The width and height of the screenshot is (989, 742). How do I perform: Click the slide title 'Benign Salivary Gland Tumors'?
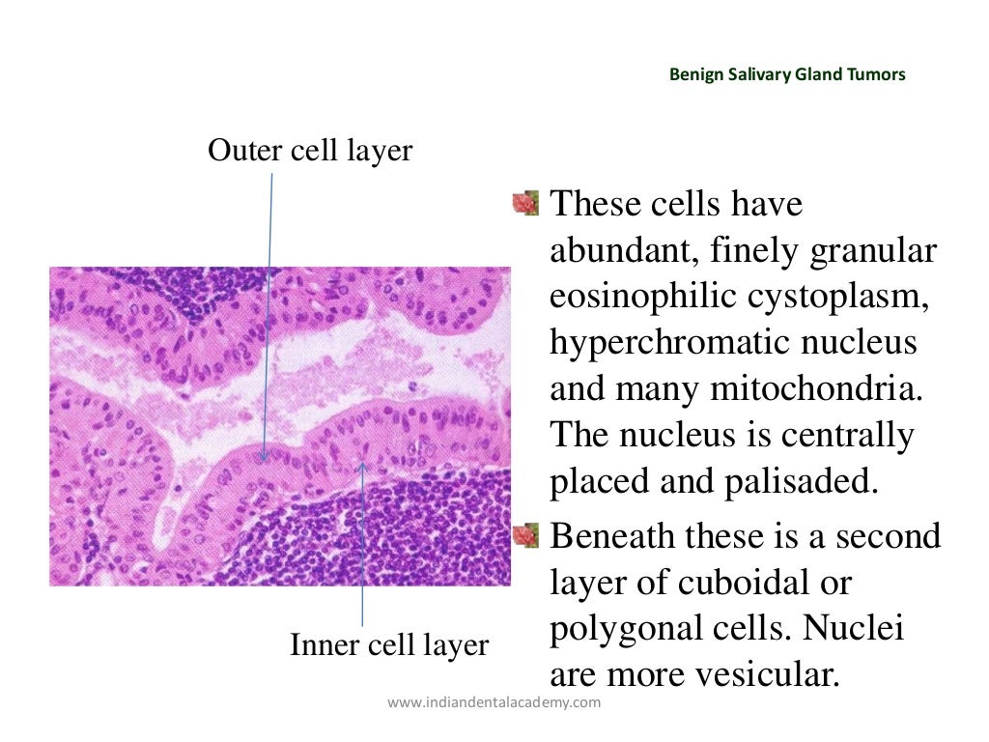[787, 74]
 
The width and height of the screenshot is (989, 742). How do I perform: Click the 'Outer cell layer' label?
[310, 151]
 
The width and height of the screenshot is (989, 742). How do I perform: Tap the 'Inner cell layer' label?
[389, 645]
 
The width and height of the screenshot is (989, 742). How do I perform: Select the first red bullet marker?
[525, 204]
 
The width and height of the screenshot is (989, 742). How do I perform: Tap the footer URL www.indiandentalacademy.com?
[494, 702]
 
